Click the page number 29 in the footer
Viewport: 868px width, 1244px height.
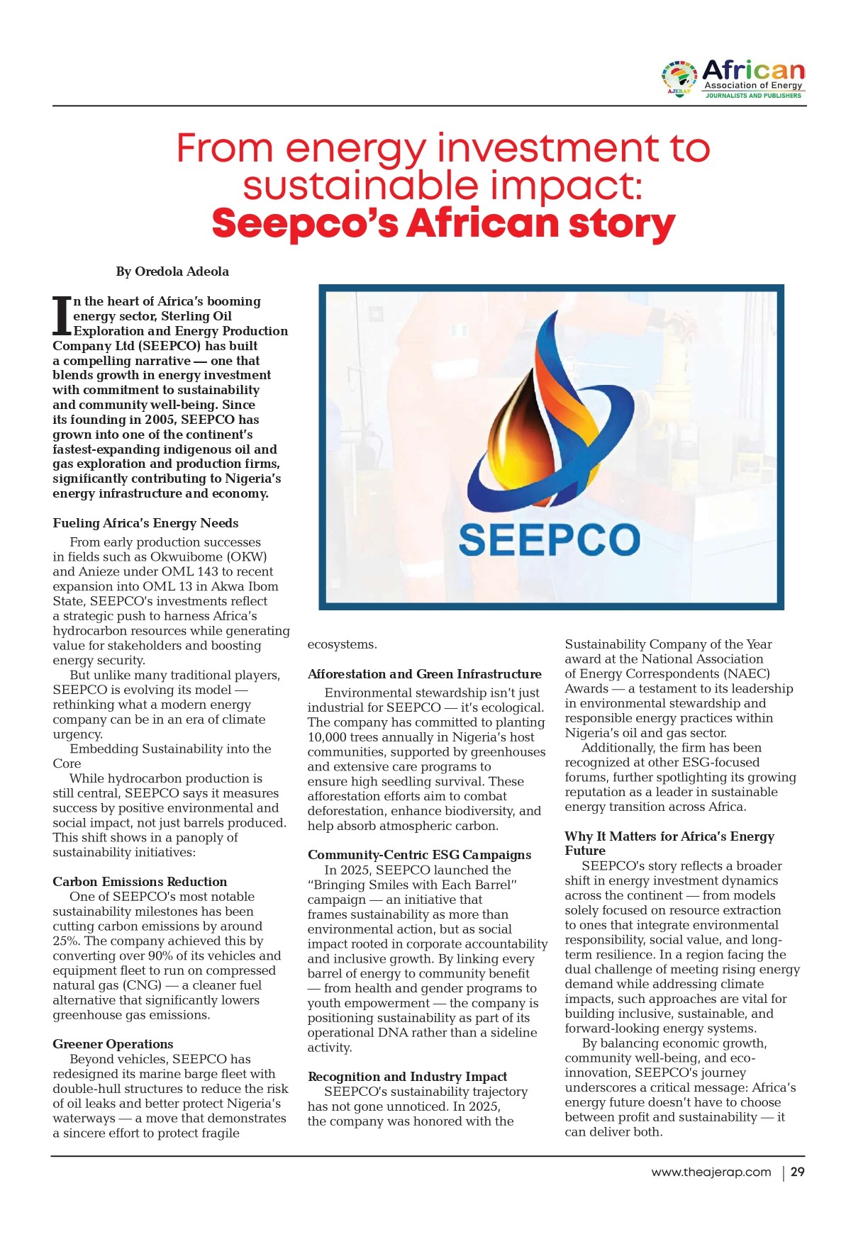tap(797, 1172)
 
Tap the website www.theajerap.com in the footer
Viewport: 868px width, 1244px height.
tap(711, 1172)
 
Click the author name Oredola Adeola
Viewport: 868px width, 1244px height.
tap(182, 271)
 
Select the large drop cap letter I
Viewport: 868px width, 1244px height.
tap(62, 316)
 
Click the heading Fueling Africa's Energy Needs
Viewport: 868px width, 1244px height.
tap(145, 523)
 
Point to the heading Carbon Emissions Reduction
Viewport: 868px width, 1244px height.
tap(140, 882)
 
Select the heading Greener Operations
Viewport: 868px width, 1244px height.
tap(113, 1044)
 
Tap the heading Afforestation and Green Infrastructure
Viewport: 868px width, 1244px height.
tap(424, 674)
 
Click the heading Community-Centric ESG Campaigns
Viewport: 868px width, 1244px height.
tap(419, 855)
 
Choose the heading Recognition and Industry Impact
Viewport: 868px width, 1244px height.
tap(407, 1077)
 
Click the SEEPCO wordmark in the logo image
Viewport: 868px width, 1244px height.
tap(549, 540)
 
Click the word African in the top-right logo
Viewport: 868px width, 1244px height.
tap(753, 70)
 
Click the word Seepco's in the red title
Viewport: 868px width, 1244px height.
tap(305, 224)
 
